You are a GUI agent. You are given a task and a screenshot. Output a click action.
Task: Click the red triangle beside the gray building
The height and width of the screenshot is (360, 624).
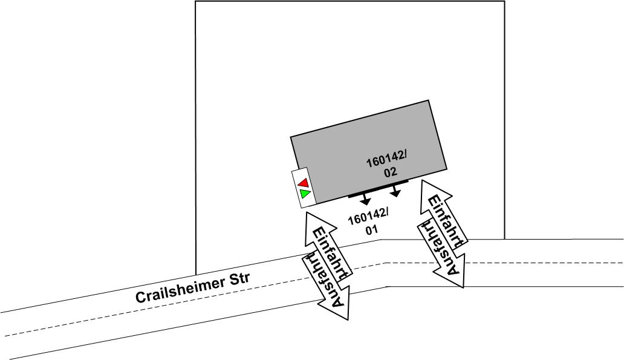point(304,182)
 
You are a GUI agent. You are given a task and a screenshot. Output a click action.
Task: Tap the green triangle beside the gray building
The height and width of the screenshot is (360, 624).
point(305,194)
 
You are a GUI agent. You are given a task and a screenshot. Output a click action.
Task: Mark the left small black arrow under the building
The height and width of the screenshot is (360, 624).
point(365,201)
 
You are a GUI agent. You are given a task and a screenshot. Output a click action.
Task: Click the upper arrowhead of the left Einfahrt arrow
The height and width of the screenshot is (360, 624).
point(312,218)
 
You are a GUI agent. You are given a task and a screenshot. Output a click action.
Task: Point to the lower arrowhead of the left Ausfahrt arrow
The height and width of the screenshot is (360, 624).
point(340,312)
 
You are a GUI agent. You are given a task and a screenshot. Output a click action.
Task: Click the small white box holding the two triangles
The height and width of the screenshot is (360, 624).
point(301,188)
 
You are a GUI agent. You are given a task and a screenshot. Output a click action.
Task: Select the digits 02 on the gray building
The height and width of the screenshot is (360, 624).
point(390,172)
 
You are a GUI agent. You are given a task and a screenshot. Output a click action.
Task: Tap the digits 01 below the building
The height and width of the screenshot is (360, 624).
point(371,230)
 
